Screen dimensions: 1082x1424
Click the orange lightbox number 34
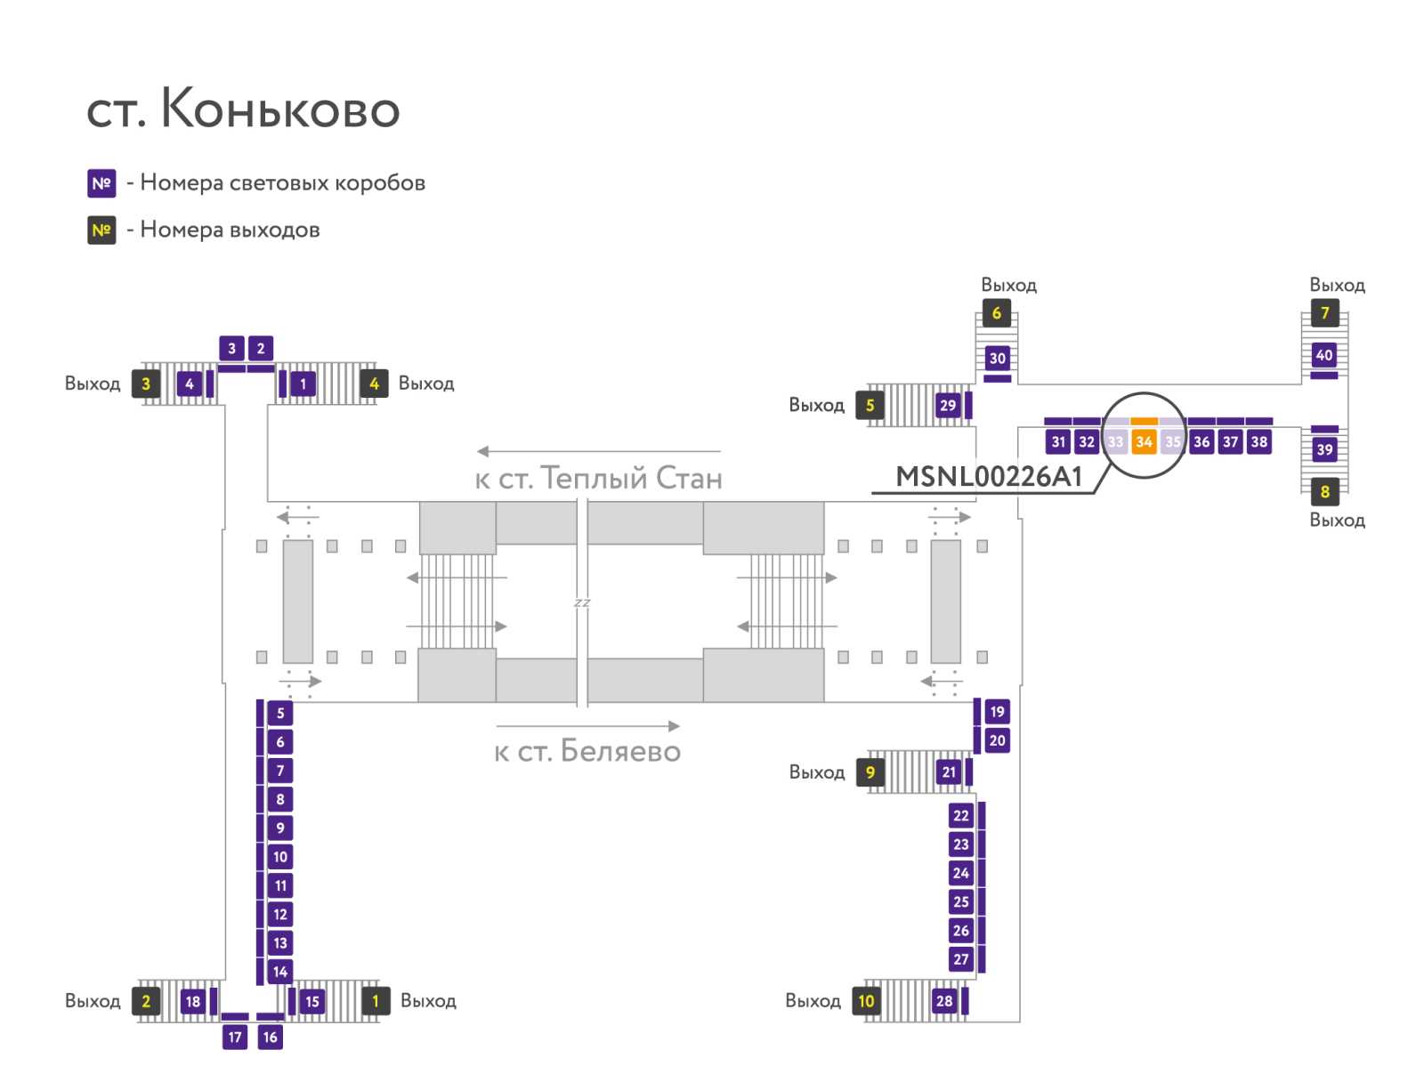(x=1144, y=441)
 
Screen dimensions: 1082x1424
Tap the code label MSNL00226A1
(x=989, y=477)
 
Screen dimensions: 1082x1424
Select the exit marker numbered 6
(x=996, y=313)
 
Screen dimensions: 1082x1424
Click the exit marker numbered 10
(x=866, y=1001)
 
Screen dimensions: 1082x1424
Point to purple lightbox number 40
(x=1324, y=355)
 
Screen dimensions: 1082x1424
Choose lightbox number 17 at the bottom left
(x=235, y=1037)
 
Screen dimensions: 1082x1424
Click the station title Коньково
(x=279, y=109)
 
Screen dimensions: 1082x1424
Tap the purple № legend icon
(x=101, y=183)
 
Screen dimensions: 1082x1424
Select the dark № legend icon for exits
(x=101, y=230)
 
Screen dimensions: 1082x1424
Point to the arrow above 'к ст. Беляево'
(x=587, y=726)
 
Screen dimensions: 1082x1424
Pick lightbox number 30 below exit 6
(x=997, y=359)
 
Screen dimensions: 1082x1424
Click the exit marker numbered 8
(x=1324, y=491)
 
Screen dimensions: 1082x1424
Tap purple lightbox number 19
(x=997, y=712)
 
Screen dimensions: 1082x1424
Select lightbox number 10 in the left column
(x=280, y=857)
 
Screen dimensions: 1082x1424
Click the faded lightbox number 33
(x=1115, y=441)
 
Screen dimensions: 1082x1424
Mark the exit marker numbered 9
(x=870, y=772)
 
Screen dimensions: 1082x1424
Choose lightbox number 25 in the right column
(x=961, y=901)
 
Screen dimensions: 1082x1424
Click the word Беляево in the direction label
(x=620, y=752)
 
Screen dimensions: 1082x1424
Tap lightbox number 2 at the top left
(x=260, y=348)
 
